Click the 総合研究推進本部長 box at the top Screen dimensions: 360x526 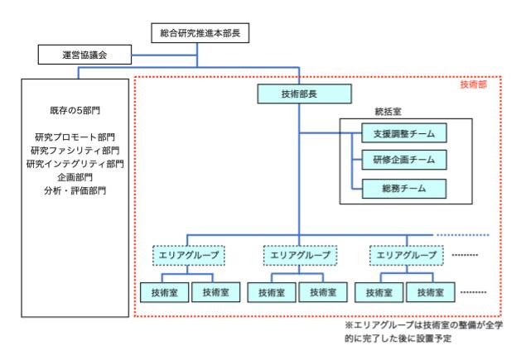(199, 34)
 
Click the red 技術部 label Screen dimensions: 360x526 (473, 85)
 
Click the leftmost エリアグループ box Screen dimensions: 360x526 (186, 255)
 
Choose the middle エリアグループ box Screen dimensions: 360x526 (298, 255)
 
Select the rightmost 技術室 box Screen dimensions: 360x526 (432, 292)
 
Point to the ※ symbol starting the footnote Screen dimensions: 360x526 (349, 327)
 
